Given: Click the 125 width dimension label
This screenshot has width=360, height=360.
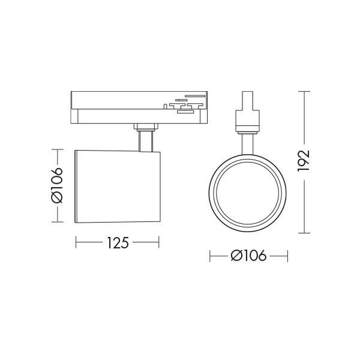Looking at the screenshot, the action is tap(118, 243).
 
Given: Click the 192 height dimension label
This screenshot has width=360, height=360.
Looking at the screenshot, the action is tap(304, 161).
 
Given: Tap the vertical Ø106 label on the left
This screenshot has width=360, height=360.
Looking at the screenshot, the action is tap(57, 185).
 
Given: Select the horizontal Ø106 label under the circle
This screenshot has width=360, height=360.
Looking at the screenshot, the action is tap(248, 256).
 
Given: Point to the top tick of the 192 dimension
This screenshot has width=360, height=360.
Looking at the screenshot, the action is tap(304, 91).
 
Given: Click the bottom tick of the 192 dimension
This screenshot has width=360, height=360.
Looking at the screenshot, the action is tap(304, 233).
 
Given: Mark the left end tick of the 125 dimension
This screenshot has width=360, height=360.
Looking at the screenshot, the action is tap(76, 242).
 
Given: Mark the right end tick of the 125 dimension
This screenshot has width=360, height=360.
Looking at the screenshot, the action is tap(159, 242).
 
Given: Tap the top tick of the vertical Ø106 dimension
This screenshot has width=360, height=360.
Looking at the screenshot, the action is tap(58, 149).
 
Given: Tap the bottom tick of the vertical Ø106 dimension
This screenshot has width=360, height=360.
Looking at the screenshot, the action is tap(58, 222).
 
